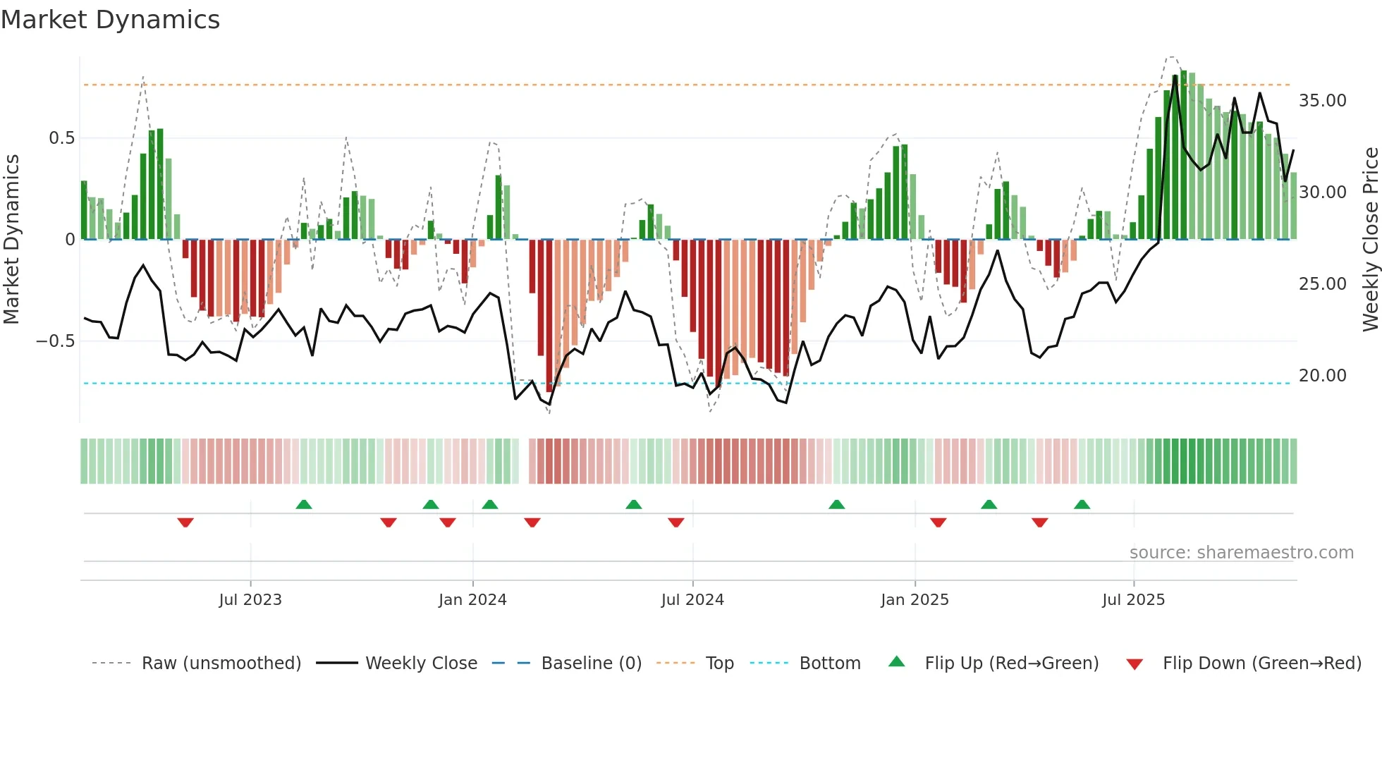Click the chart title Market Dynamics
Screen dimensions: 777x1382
click(111, 20)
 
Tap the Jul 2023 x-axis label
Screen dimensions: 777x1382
click(250, 600)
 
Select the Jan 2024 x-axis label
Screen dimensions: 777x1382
click(472, 600)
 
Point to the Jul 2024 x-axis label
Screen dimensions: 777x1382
click(692, 600)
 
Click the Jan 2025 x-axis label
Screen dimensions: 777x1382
click(915, 600)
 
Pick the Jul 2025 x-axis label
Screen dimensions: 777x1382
click(1134, 600)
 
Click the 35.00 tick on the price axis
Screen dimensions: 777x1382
click(1322, 101)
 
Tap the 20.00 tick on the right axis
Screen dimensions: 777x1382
click(1322, 376)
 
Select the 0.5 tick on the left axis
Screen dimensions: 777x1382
click(62, 138)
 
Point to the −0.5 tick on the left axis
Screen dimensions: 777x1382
click(56, 341)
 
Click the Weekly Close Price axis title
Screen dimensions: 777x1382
click(1370, 240)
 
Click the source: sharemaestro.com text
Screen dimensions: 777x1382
click(1241, 553)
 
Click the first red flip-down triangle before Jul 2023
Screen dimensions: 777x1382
click(185, 522)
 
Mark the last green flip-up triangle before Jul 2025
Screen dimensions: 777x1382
click(1082, 504)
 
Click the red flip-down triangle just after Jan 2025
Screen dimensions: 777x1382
click(938, 522)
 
